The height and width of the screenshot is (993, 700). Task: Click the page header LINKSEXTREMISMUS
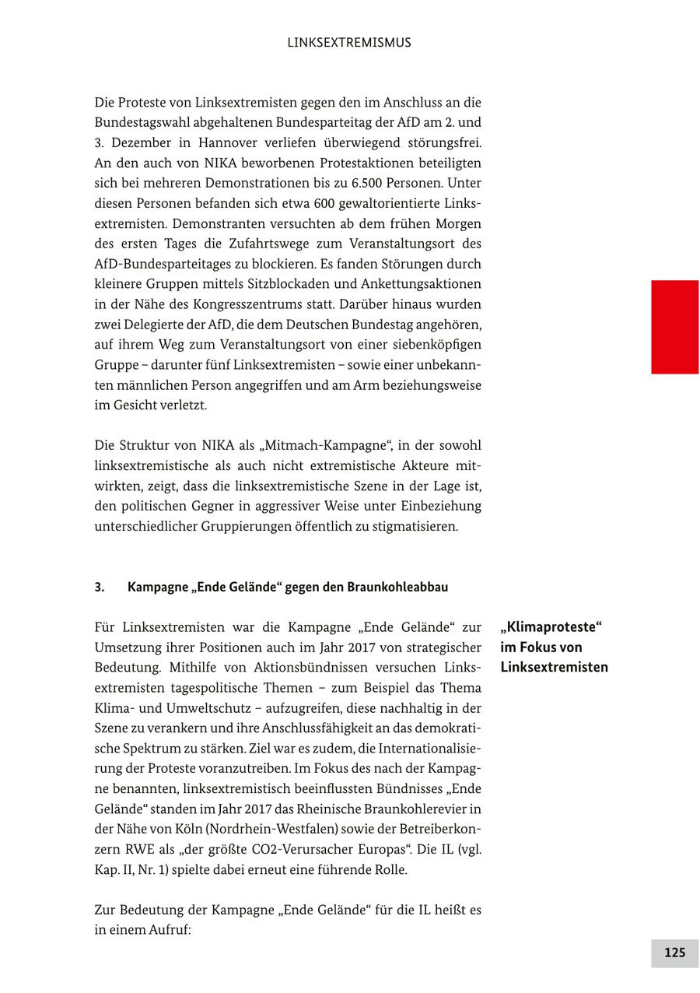coord(349,43)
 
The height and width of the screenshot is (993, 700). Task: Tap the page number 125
coord(674,953)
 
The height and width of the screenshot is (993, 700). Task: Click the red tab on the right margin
coord(674,327)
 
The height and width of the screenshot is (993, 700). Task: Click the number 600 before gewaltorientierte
coord(324,204)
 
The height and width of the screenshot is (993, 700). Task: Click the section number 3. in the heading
coord(100,588)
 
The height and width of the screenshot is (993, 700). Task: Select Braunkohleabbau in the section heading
coord(397,588)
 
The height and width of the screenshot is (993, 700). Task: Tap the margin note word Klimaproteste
coord(551,627)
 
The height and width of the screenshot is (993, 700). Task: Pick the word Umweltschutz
coord(210,709)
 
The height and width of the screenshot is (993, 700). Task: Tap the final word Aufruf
coord(170,930)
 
